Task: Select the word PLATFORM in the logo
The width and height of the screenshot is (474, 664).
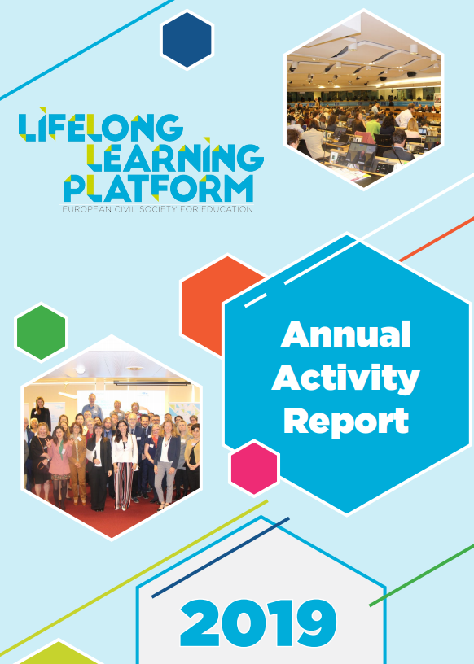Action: point(159,188)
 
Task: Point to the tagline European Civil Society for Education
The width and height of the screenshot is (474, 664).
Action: point(157,209)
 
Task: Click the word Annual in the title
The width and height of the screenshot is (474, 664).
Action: point(346,334)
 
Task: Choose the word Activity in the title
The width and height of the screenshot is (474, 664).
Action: point(345,378)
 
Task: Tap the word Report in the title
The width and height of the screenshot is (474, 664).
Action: point(346,422)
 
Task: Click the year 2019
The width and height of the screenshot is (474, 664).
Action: point(259,622)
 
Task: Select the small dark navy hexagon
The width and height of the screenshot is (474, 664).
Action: point(187,40)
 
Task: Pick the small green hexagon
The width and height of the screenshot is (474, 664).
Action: point(41,333)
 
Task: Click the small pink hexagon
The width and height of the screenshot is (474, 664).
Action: point(254,468)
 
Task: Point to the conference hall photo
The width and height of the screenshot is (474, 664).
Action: point(364,100)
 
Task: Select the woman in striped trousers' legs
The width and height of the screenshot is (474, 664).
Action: point(124,486)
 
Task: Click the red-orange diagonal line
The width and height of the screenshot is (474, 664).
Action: point(437,239)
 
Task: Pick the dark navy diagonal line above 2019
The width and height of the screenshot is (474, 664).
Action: point(221,557)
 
